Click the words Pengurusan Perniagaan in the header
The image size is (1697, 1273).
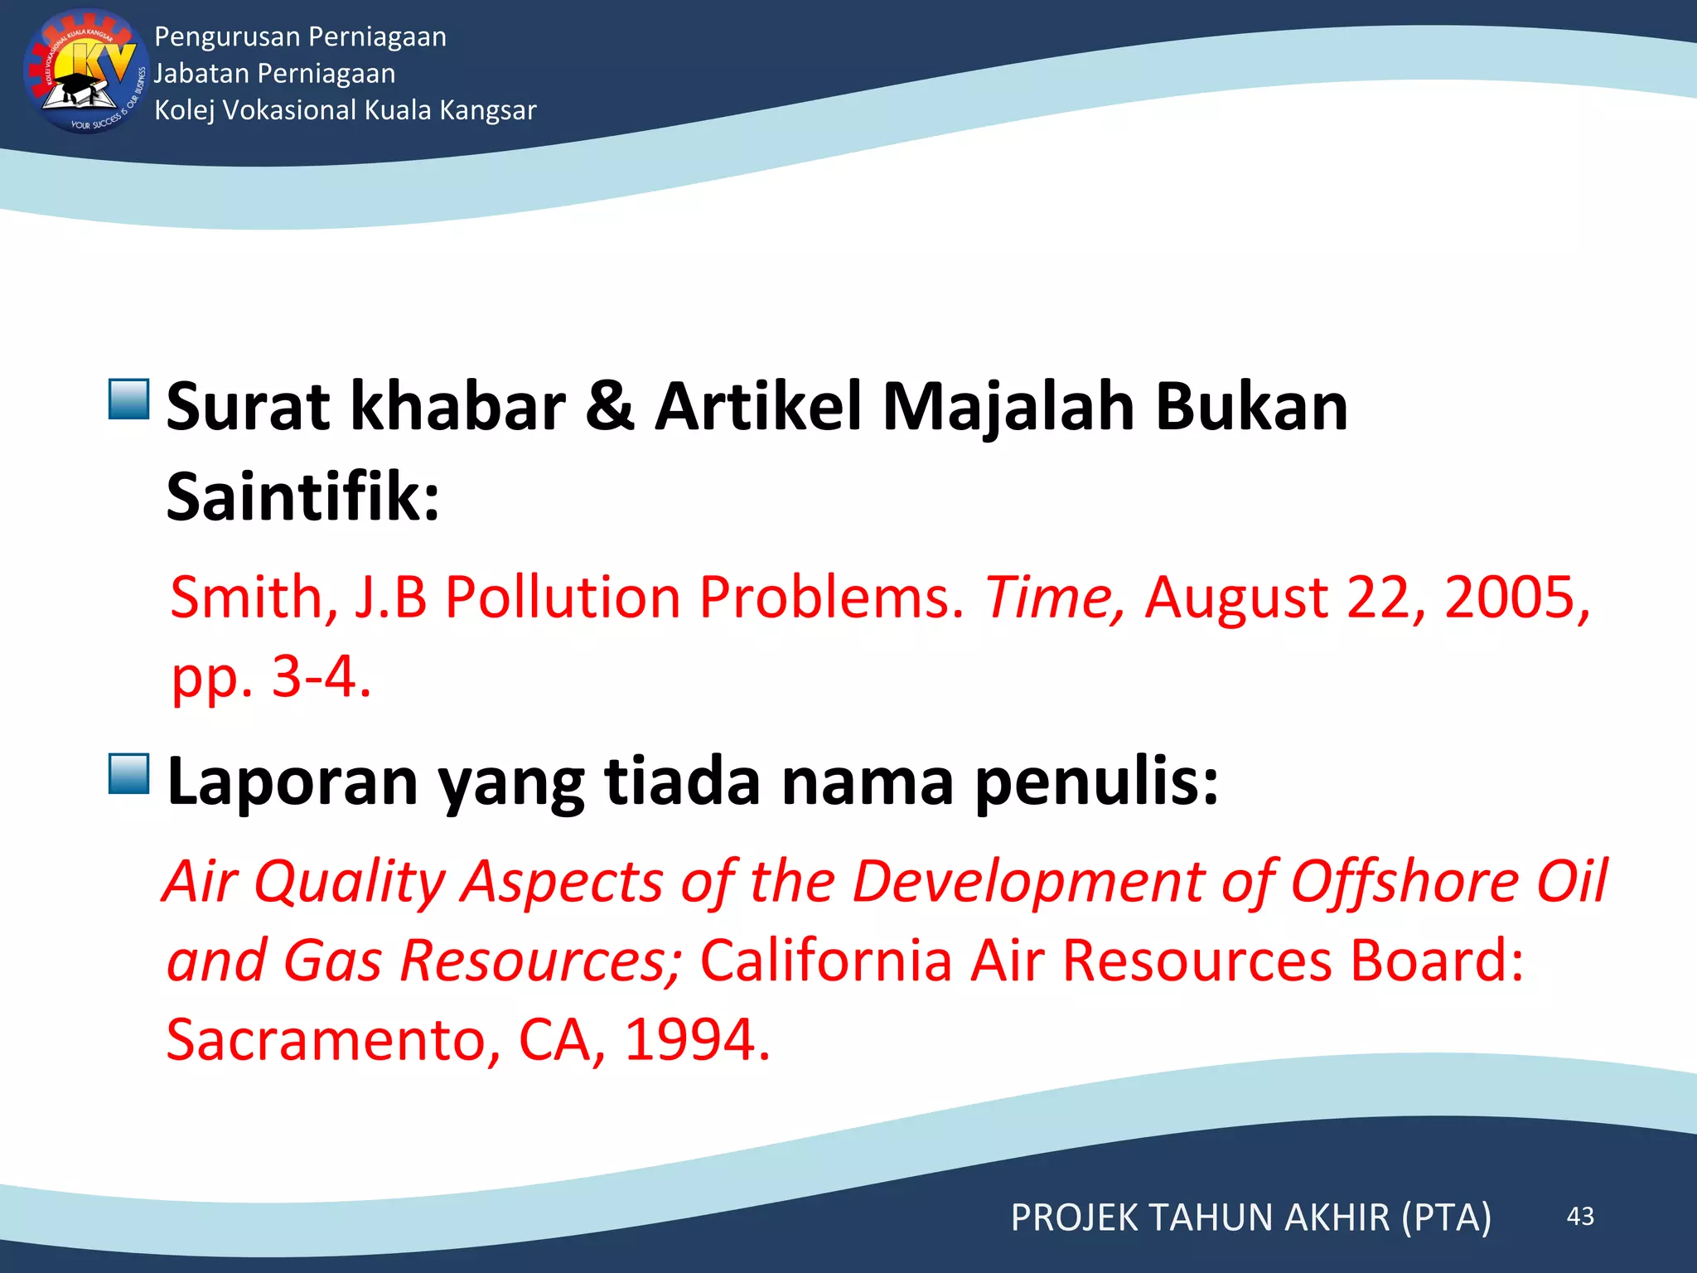point(300,37)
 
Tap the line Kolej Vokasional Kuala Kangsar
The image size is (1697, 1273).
point(345,110)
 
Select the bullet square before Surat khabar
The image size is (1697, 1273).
point(129,399)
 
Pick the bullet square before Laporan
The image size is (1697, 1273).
point(129,774)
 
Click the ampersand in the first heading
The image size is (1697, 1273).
point(610,406)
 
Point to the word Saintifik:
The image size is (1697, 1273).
point(302,497)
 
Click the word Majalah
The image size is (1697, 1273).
point(1008,408)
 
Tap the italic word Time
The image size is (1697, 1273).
point(1052,597)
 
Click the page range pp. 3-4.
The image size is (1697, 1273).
point(271,678)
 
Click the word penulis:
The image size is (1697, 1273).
point(1096,781)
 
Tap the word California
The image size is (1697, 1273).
point(825,961)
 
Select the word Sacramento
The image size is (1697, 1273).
point(333,1040)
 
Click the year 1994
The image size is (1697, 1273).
point(696,1040)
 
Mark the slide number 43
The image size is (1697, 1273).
point(1580,1216)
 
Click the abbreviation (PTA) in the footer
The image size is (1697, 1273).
point(1446,1217)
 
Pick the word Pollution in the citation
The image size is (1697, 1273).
point(563,597)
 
